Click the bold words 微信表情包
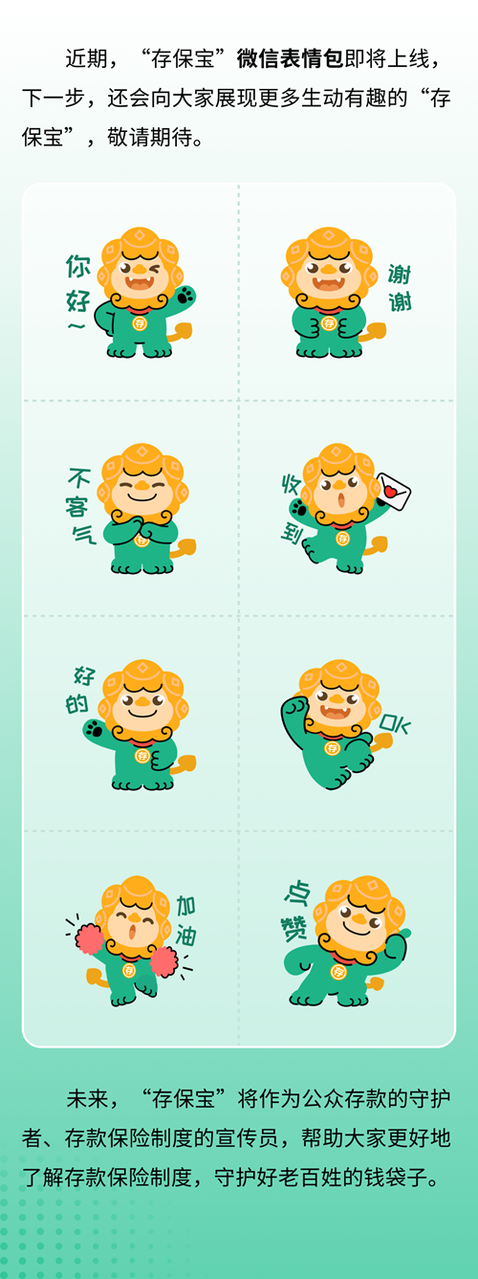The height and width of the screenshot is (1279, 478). (x=291, y=58)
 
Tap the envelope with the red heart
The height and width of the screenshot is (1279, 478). (x=393, y=491)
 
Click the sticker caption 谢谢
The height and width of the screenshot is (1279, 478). (x=400, y=287)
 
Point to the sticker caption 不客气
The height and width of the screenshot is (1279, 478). (x=81, y=506)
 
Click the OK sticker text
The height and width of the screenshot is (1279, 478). (x=395, y=723)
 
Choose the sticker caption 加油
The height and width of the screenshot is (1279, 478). (x=186, y=921)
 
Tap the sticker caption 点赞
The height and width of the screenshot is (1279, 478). (x=296, y=912)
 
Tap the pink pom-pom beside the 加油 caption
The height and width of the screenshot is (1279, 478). (x=163, y=961)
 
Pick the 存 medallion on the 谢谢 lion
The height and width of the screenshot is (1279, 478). (x=329, y=323)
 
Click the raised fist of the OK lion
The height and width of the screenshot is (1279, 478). (x=294, y=706)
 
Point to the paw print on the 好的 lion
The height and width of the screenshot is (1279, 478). (x=93, y=729)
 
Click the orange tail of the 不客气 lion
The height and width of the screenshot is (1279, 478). (x=184, y=549)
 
